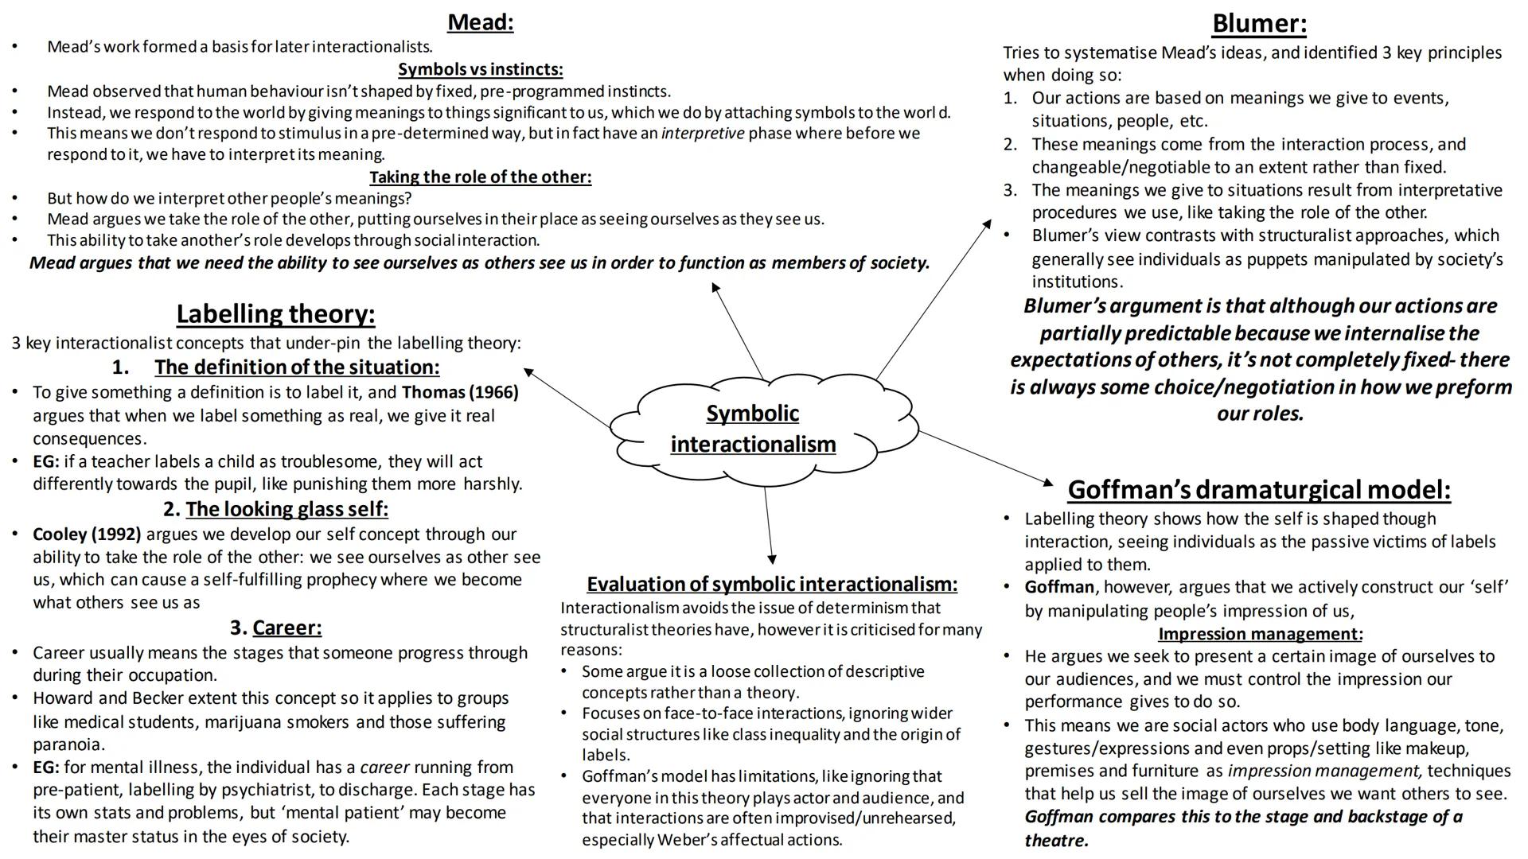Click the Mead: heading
pos(480,22)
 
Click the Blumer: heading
pos(1258,24)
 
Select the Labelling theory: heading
pos(275,314)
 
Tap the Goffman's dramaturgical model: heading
pos(1258,489)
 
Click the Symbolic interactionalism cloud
pos(753,429)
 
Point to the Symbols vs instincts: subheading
pos(480,69)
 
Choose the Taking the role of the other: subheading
pos(480,177)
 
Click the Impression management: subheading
pos(1260,634)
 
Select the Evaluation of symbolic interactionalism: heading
pos(771,584)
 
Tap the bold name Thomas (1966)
pos(460,392)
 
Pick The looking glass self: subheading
pos(286,509)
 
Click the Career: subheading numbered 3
pos(286,628)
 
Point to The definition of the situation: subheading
pos(296,367)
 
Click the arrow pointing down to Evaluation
pos(769,525)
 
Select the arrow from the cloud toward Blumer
pos(934,300)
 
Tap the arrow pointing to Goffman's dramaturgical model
pos(986,457)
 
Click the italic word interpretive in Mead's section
pos(703,134)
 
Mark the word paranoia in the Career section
pos(68,744)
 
